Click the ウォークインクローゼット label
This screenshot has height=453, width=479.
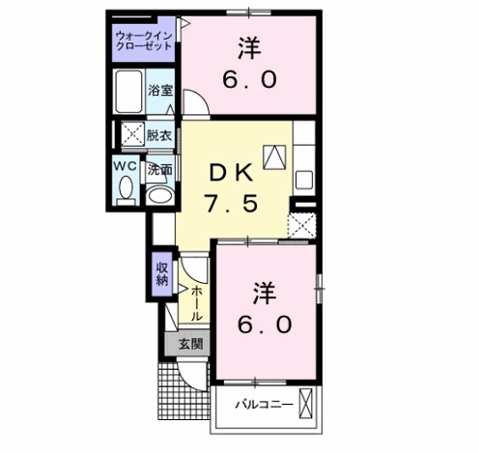(x=144, y=41)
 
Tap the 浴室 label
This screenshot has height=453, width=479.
(x=160, y=90)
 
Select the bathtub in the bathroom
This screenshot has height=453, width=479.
(x=129, y=92)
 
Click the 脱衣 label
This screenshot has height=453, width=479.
(x=159, y=135)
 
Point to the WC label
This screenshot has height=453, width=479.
(x=125, y=166)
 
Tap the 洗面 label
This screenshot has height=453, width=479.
(x=160, y=170)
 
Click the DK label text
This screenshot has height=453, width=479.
(x=231, y=174)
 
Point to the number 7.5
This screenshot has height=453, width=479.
(x=232, y=204)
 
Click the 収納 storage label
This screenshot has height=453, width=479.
(x=162, y=274)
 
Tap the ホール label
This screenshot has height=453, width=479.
(x=197, y=304)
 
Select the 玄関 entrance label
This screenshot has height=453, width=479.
(x=190, y=344)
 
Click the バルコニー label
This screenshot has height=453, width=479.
(x=264, y=404)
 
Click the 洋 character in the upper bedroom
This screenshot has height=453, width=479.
(x=249, y=48)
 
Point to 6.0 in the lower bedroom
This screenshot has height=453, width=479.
(x=265, y=324)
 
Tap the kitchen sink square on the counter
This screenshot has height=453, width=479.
(x=304, y=180)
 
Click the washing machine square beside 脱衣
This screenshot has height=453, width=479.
(x=133, y=134)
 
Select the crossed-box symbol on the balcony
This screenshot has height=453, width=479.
(x=305, y=404)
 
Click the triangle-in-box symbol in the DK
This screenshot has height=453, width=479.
(x=274, y=156)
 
